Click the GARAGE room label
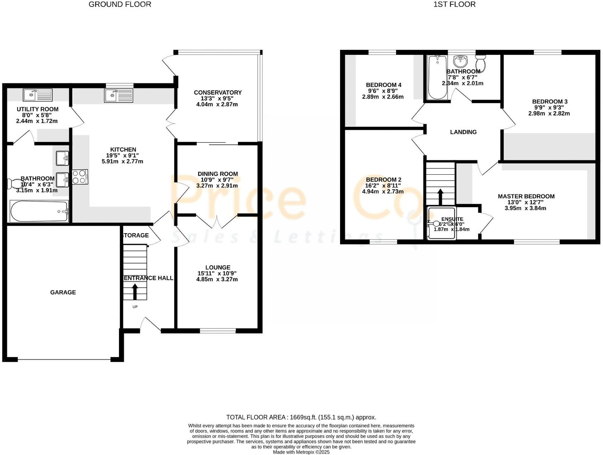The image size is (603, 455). (63, 292)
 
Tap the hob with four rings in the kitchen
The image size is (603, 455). (80, 177)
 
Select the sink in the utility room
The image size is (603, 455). (38, 95)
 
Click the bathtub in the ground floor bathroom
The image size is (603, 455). (39, 212)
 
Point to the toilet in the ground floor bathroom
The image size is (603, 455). (15, 184)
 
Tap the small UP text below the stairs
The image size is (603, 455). (135, 307)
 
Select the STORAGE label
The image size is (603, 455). (136, 235)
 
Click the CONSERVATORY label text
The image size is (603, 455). (218, 92)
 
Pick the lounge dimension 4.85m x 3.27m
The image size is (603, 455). (217, 279)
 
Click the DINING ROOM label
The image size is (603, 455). (218, 174)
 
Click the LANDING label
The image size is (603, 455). (463, 132)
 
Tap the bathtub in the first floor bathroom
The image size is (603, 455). (437, 78)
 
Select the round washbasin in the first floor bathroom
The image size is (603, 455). (460, 61)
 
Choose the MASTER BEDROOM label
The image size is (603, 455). (526, 196)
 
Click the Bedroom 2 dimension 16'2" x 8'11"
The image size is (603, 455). (383, 186)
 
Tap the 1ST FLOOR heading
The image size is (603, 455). (454, 4)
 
